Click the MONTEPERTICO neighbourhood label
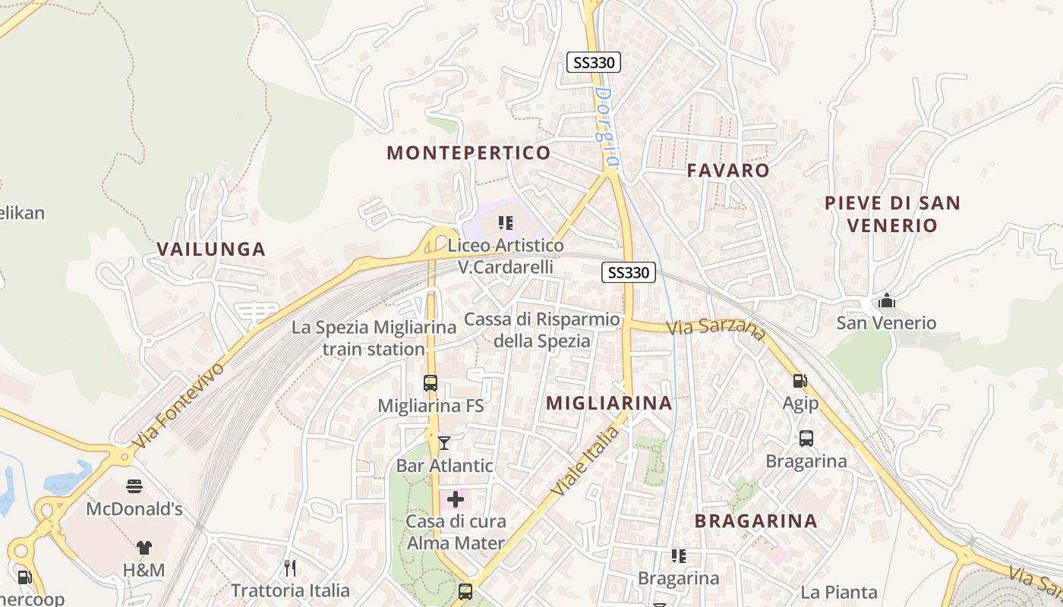[x=468, y=153]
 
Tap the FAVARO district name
[x=728, y=170]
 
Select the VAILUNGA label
[x=211, y=249]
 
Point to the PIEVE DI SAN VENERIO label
[x=892, y=214]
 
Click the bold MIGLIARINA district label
[x=609, y=403]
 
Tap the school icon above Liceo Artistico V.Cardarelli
[x=506, y=223]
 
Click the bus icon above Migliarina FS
[x=431, y=383]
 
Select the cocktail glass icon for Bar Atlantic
[x=444, y=442]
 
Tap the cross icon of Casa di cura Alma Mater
[x=456, y=499]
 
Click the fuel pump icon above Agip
[x=800, y=380]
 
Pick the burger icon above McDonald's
[x=134, y=486]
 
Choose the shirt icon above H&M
[x=144, y=547]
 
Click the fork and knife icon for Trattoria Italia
[x=290, y=568]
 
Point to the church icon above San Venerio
[x=886, y=301]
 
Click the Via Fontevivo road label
[x=179, y=406]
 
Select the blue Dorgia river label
[x=607, y=127]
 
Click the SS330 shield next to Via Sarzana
[x=629, y=272]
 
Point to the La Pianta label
[x=839, y=592]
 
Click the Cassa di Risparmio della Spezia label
[x=542, y=330]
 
